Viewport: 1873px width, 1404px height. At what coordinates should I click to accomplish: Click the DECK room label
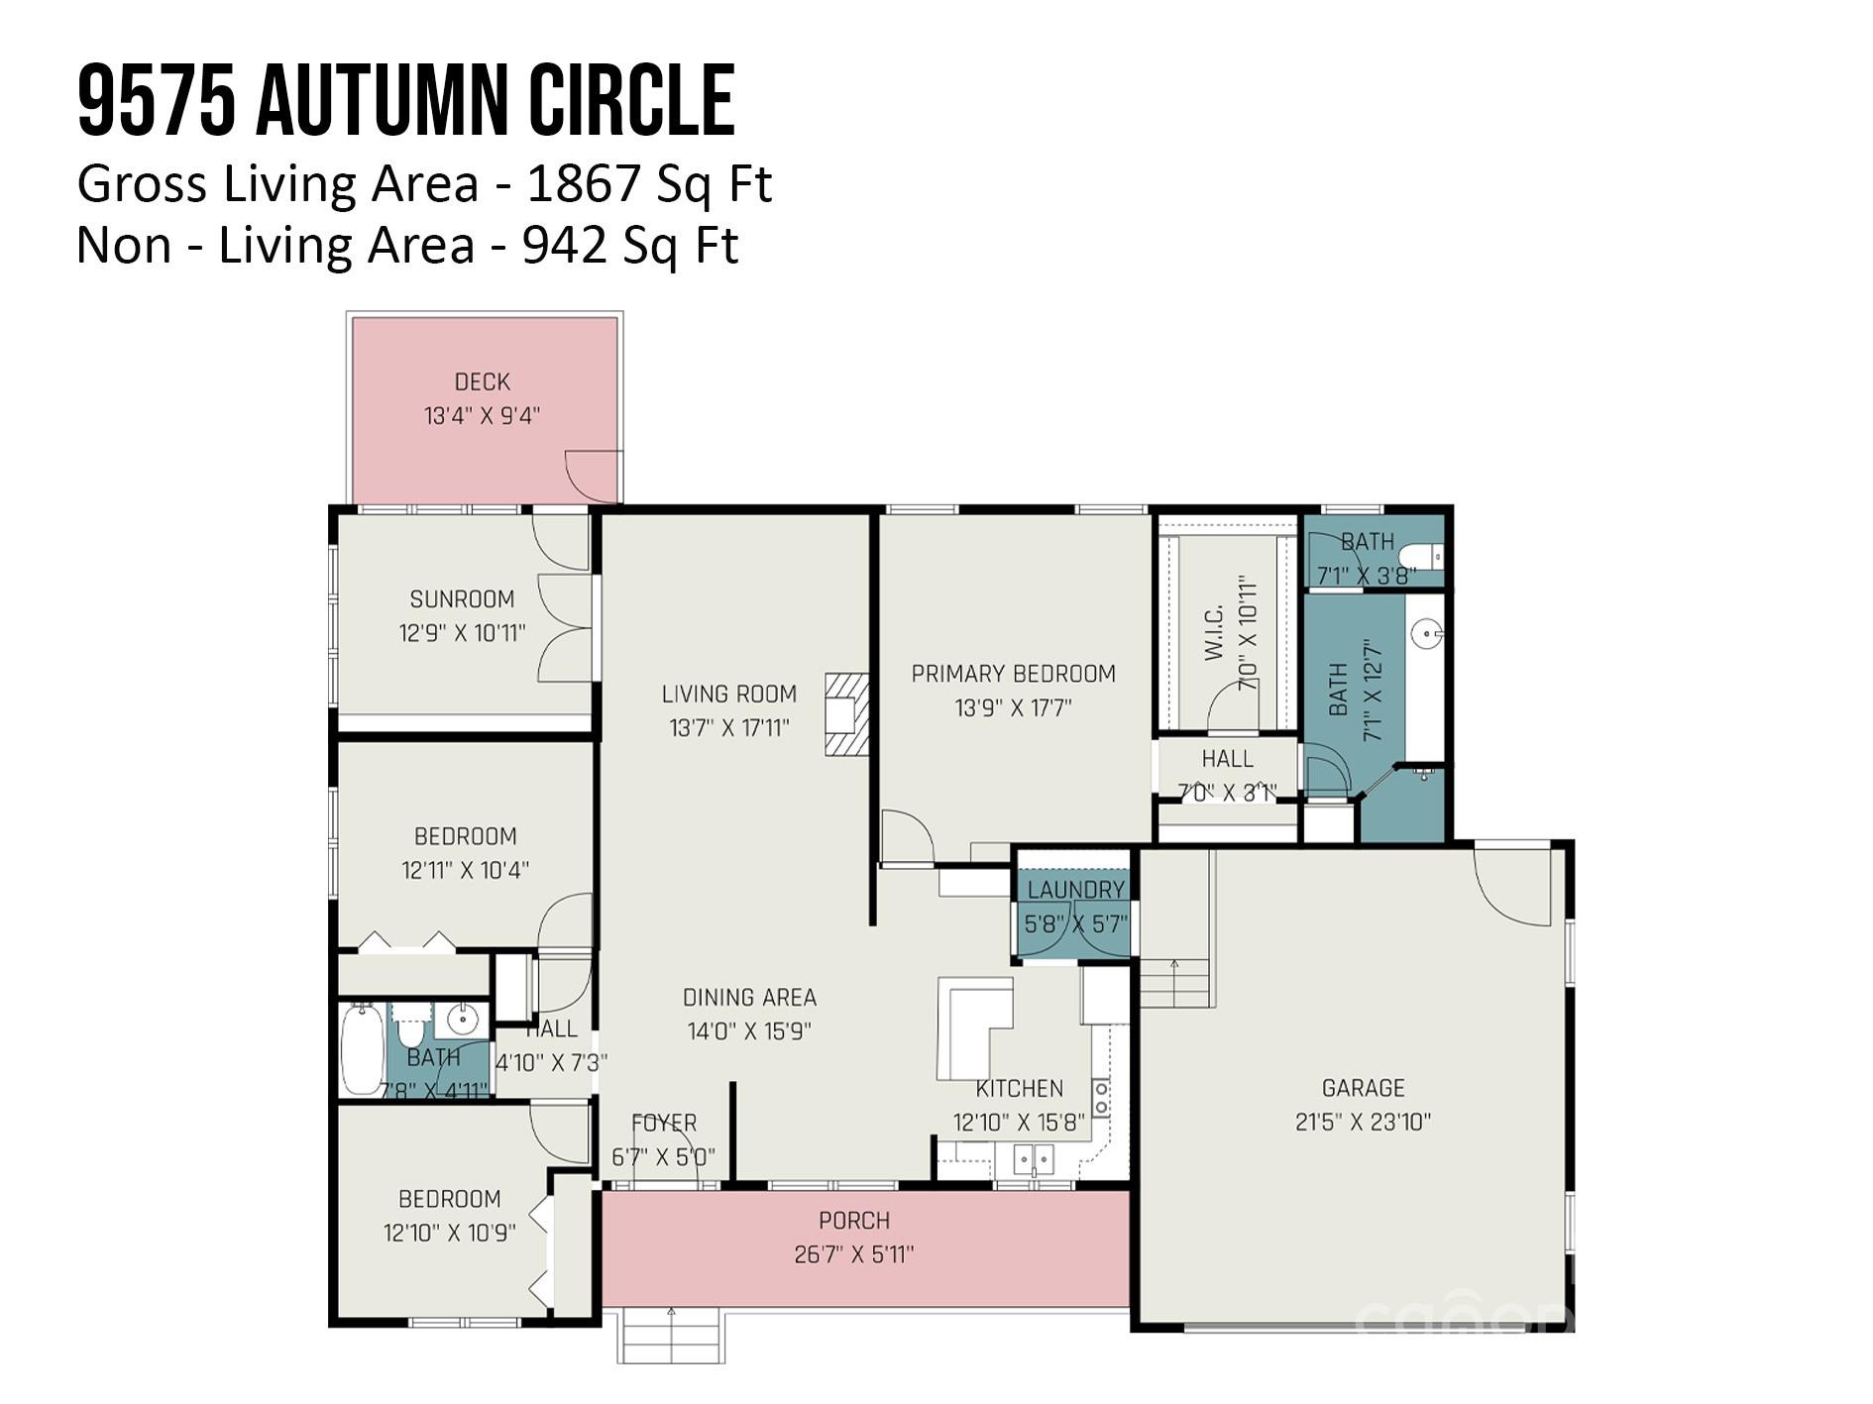tap(482, 381)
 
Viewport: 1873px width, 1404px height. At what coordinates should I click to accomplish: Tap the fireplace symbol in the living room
tap(846, 714)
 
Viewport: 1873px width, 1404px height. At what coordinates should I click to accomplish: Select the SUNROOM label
tap(462, 598)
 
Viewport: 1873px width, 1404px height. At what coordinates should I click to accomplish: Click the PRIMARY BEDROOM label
tap(1013, 674)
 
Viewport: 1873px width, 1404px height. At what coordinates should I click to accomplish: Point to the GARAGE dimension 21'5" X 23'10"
tap(1363, 1122)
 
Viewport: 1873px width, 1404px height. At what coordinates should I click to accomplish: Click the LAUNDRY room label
tap(1075, 889)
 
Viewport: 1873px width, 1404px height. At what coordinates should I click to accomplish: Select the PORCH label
tap(854, 1220)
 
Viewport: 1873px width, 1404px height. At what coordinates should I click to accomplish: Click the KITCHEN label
tap(1019, 1088)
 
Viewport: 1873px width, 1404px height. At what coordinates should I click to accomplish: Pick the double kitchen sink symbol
tap(1033, 1159)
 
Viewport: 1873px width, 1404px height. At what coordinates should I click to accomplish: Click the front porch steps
tap(672, 1336)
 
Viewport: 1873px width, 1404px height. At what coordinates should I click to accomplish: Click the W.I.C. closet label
tap(1216, 632)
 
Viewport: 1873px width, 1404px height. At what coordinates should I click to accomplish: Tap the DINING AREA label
tap(749, 997)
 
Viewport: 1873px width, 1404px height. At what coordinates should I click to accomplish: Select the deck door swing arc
tap(593, 476)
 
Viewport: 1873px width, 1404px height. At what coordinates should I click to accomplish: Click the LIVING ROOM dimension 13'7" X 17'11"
tap(729, 727)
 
